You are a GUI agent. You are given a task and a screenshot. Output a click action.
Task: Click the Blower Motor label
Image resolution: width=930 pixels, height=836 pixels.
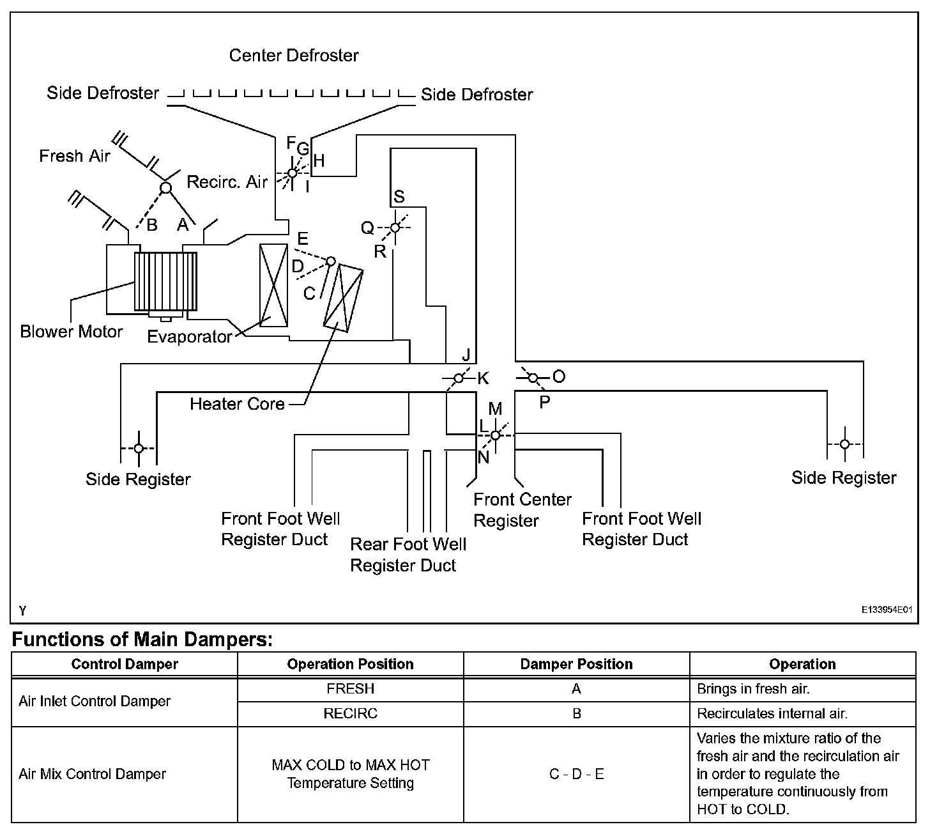pos(71,332)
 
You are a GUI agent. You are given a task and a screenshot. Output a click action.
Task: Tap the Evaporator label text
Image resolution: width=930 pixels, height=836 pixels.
pos(189,337)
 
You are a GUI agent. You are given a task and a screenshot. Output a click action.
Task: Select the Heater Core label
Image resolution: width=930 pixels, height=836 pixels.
pos(237,404)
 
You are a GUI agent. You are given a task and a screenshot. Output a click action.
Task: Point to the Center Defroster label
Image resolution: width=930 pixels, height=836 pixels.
pos(294,56)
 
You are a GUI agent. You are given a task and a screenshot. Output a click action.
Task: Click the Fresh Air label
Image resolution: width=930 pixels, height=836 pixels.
pos(75,156)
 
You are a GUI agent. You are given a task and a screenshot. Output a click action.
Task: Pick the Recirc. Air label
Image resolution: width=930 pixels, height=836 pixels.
pos(227,182)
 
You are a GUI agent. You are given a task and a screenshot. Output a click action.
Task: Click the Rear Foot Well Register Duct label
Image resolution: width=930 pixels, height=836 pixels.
pos(408,555)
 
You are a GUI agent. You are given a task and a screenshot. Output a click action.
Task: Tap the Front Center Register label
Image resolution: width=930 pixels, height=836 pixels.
pos(522,509)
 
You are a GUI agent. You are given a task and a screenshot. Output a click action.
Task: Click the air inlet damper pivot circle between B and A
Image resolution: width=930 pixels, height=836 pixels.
pos(165,188)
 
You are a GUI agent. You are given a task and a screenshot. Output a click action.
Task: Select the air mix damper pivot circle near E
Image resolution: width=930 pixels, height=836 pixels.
pos(331,261)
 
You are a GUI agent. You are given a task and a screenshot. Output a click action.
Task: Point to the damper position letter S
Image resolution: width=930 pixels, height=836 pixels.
pos(399,197)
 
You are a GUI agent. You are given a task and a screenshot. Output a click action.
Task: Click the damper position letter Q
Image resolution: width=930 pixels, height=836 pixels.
pos(367,228)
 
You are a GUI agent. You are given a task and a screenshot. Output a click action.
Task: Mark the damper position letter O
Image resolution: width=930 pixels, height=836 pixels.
pos(559,376)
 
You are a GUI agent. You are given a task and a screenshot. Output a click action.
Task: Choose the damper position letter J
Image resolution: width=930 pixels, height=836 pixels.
pos(466,355)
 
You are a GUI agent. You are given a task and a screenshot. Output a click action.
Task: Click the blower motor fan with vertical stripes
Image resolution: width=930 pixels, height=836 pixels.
pos(165,281)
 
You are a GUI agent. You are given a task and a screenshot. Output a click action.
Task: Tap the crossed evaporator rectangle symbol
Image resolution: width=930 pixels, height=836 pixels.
pos(274,285)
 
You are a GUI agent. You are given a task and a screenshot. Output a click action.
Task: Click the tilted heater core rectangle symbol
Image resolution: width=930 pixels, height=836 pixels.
pos(344,298)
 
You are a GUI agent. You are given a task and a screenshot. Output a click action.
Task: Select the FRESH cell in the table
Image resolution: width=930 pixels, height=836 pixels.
pos(350,689)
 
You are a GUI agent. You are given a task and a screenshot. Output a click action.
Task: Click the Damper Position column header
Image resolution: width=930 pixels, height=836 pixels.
pos(576,664)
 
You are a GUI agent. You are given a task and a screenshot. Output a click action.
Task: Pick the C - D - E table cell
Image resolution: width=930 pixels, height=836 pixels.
pos(576,775)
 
